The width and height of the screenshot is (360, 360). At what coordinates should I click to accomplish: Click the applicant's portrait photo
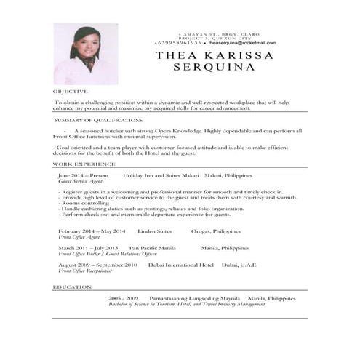tap(85, 54)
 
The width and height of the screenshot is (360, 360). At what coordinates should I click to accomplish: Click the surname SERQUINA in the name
tap(215, 67)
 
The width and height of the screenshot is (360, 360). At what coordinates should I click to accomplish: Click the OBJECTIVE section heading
tap(71, 92)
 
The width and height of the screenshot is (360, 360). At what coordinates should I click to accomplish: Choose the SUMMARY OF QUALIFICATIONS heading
tap(98, 120)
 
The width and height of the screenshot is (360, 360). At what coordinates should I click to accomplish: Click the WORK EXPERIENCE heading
tap(79, 165)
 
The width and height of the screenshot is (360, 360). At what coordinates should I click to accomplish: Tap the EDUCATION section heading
tap(72, 287)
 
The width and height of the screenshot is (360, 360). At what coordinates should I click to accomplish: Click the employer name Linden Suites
tap(154, 231)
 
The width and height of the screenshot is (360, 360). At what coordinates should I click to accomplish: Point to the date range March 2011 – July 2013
tap(88, 248)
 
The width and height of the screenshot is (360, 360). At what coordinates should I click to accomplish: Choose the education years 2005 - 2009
tap(123, 298)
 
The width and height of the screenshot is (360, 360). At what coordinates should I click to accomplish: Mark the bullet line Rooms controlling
tap(84, 203)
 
